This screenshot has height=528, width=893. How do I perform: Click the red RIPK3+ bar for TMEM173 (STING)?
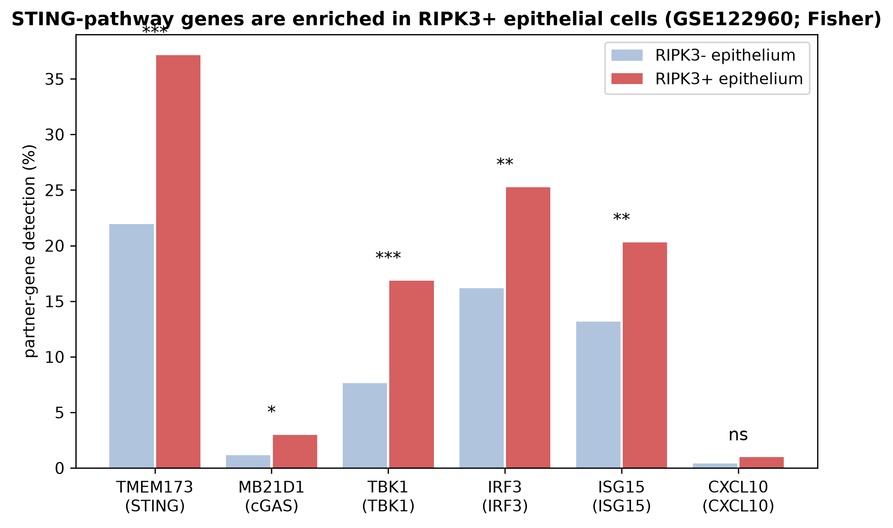[x=178, y=262]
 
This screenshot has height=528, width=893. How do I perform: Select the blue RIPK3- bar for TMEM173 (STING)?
[x=131, y=346]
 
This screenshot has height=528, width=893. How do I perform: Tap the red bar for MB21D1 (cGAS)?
[x=295, y=451]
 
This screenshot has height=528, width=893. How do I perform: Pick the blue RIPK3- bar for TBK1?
[x=365, y=426]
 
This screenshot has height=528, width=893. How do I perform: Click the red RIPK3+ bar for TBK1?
[x=411, y=374]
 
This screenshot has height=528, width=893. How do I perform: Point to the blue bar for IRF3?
[x=482, y=378]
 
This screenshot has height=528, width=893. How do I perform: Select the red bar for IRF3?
[x=528, y=328]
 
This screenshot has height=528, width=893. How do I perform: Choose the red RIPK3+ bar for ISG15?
[x=645, y=355]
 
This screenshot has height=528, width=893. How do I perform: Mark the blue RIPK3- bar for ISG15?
[x=598, y=395]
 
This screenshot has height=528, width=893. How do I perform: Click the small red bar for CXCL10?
[x=762, y=462]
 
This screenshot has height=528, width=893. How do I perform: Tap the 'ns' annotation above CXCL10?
[x=738, y=435]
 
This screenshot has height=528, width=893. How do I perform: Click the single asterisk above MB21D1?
[x=271, y=410]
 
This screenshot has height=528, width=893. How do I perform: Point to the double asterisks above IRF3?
[x=505, y=162]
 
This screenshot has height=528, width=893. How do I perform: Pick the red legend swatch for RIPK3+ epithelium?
[x=627, y=79]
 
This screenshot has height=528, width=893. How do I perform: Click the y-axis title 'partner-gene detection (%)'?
[x=30, y=251]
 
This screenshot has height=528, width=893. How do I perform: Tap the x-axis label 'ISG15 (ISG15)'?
[x=622, y=497]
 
